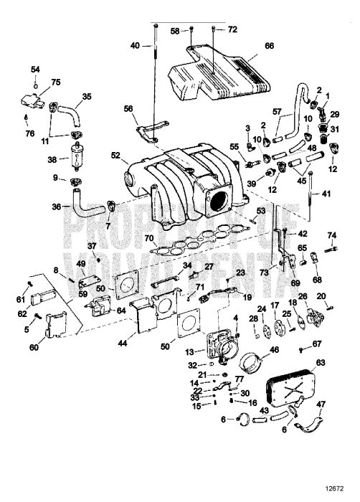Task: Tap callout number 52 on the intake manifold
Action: click(115, 154)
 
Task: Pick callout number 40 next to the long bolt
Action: click(135, 45)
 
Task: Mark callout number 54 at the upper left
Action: click(35, 69)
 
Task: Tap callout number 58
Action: click(175, 31)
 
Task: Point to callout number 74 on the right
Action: click(331, 235)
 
